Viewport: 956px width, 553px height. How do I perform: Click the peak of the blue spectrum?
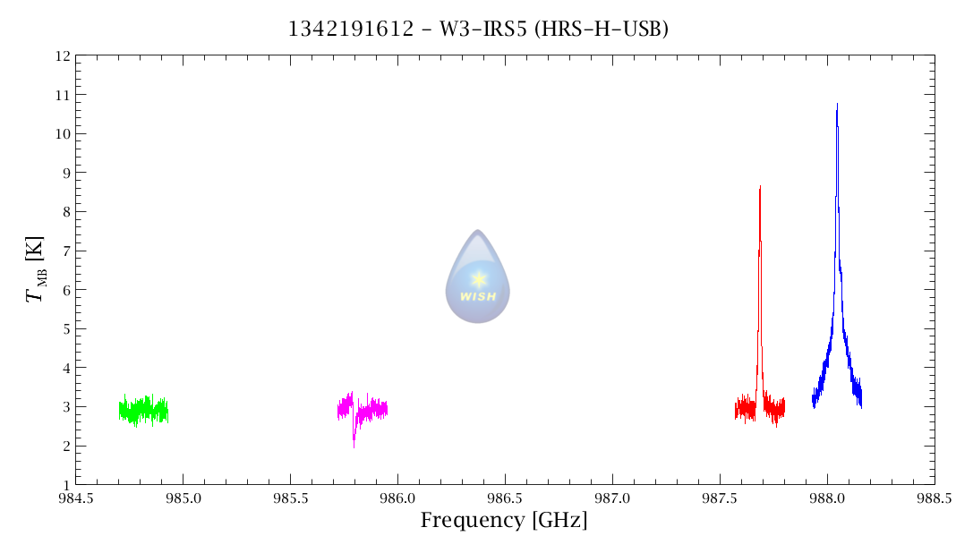point(837,105)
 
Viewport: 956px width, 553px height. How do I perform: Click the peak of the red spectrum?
point(760,187)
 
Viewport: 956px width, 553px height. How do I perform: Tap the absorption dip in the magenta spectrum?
point(354,442)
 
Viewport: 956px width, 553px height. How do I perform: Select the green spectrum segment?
point(143,411)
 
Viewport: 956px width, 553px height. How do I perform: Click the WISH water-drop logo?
point(478,277)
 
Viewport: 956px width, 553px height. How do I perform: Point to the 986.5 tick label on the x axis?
point(505,498)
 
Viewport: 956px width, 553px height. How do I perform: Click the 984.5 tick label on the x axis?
point(75,498)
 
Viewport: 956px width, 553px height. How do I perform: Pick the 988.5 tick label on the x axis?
point(934,498)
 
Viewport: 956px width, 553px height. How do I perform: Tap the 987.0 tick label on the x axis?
point(612,498)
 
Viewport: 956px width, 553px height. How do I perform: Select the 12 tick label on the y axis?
point(62,55)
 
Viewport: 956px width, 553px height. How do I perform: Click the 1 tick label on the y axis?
point(65,485)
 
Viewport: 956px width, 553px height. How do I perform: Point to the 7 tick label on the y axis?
point(65,251)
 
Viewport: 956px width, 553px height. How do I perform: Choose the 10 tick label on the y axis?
point(62,133)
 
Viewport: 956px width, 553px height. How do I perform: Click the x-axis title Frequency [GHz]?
point(504,521)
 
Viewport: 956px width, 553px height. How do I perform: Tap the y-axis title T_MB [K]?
point(37,269)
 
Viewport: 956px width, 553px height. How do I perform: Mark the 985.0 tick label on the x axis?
point(183,498)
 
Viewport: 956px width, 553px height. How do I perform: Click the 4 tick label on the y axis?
point(65,368)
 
